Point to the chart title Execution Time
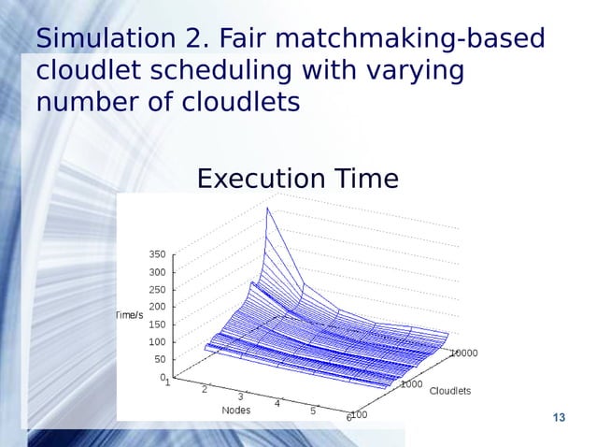click(x=297, y=178)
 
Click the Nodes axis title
click(x=235, y=410)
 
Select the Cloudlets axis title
click(x=449, y=390)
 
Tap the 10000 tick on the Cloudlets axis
click(x=464, y=353)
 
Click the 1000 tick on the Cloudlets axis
click(x=411, y=383)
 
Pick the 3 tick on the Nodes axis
click(x=240, y=397)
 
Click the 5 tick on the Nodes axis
click(x=313, y=411)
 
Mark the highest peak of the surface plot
click(x=267, y=208)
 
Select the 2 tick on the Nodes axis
click(x=204, y=389)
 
